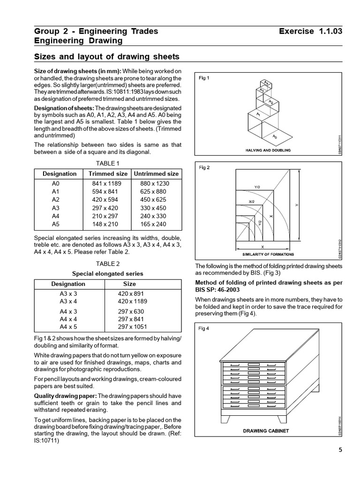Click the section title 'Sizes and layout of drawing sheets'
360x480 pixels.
[107, 57]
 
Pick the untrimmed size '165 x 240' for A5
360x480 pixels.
[153, 224]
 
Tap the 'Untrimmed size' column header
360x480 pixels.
[156, 173]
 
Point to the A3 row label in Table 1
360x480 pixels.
[56, 208]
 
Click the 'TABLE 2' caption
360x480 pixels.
[108, 263]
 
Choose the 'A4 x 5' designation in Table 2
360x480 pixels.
[68, 327]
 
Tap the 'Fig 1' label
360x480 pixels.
[204, 78]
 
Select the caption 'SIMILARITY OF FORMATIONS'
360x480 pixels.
[268, 254]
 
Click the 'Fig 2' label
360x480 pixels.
[204, 167]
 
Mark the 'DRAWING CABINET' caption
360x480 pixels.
[266, 430]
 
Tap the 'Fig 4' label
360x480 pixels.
[204, 328]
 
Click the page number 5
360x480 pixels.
[340, 450]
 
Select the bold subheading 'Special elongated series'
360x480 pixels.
[107, 273]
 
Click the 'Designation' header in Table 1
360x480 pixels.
[60, 173]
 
